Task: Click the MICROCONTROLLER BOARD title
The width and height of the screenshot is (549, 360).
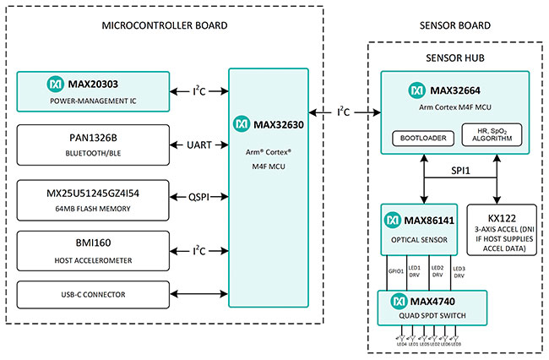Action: [164, 26]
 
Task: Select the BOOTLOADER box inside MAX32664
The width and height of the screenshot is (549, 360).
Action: [423, 137]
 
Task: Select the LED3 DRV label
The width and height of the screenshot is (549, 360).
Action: [459, 271]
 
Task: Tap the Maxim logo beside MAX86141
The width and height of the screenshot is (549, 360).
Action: [392, 220]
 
